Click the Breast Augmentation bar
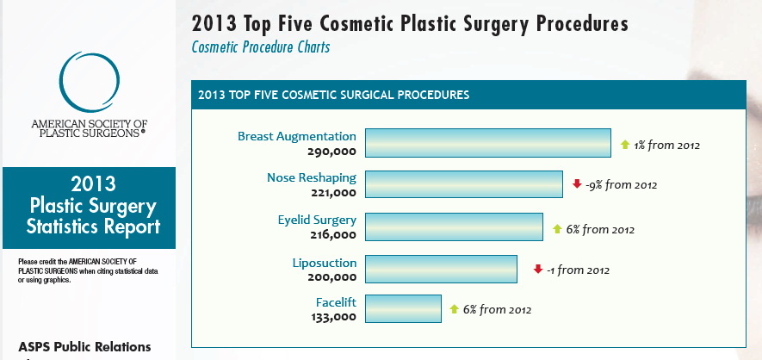click(488, 144)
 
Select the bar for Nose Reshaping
click(463, 185)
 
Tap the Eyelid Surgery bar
click(454, 227)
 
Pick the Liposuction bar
click(441, 269)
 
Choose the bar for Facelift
click(403, 308)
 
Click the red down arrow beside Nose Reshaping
click(577, 184)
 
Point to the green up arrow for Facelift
click(455, 309)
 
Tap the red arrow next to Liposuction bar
click(537, 269)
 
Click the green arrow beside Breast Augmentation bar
click(625, 145)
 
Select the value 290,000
click(331, 151)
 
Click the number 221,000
click(331, 193)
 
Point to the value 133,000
click(331, 317)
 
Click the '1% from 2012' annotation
click(667, 146)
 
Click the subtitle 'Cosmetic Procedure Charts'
click(260, 47)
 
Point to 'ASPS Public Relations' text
click(84, 347)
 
